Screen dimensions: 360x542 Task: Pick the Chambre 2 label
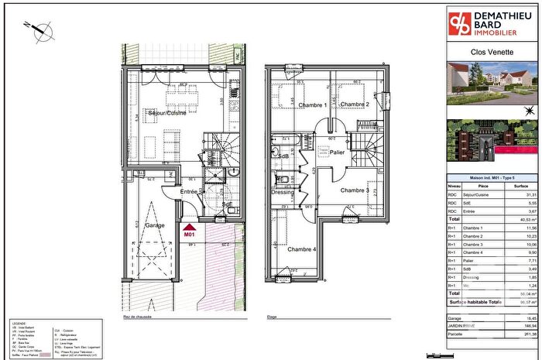point(353,105)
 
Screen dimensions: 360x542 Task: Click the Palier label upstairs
point(336,153)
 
